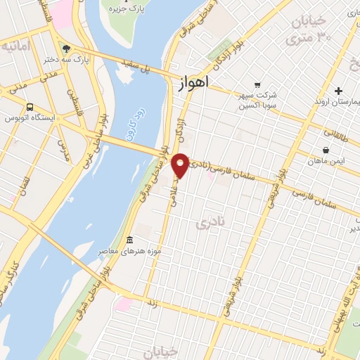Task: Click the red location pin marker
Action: point(181,165)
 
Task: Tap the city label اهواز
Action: point(190,82)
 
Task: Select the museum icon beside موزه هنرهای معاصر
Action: point(128,240)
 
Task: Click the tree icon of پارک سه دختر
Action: point(66,49)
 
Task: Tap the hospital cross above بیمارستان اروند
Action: point(339,91)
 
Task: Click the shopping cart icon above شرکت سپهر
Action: point(257,84)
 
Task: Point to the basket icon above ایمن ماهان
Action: point(326,150)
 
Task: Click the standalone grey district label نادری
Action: point(209,223)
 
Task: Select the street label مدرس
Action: point(62,151)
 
